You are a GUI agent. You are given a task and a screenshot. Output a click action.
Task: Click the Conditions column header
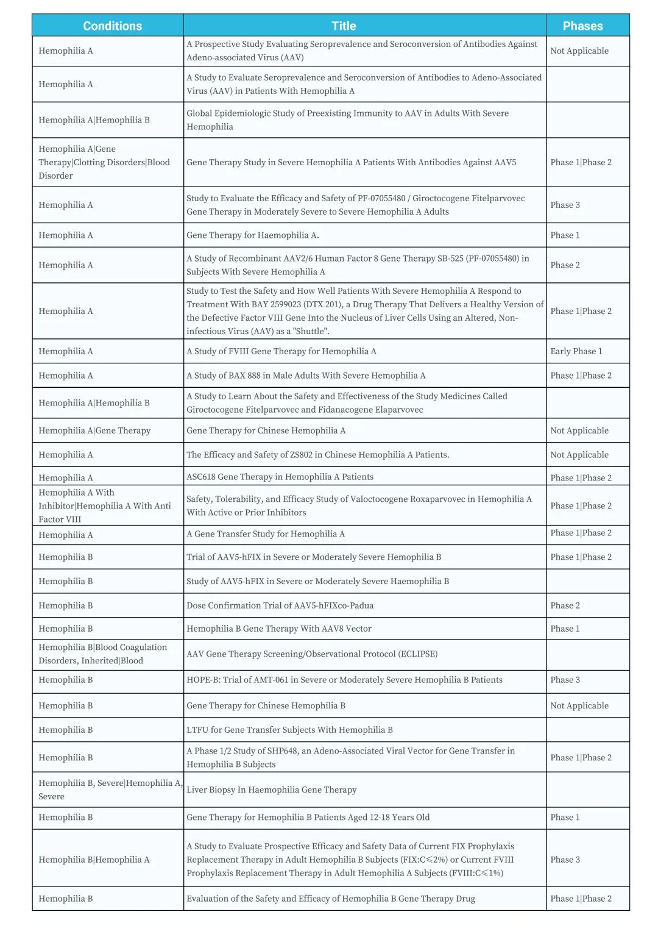coord(112,26)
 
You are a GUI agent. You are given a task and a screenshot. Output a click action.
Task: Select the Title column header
coord(344,26)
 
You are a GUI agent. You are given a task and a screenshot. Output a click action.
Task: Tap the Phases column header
coord(582,26)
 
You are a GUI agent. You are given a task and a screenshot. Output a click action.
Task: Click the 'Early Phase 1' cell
coord(576,351)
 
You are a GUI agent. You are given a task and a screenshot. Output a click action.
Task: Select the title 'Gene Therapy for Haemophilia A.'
coord(253,235)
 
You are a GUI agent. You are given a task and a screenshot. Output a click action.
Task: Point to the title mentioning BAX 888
coord(306,376)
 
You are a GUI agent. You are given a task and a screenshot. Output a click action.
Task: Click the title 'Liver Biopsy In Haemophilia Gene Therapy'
coord(272,790)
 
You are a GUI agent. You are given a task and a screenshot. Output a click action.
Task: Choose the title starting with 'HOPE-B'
coord(344,680)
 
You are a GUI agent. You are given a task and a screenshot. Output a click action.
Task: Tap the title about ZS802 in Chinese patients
coord(317,455)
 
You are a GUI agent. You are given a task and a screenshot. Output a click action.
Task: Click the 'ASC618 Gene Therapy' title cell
coord(280,477)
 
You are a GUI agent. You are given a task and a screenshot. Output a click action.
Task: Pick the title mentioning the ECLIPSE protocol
coord(312,654)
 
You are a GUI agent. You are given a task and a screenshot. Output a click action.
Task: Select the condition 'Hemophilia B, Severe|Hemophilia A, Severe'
coord(110,790)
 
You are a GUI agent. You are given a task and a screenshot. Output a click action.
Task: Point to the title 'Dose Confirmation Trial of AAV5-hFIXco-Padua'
coord(280,605)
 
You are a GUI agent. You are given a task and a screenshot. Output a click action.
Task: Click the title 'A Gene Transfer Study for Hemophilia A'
coord(266,534)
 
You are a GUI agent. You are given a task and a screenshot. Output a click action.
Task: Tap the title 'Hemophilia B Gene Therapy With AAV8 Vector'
coord(278,629)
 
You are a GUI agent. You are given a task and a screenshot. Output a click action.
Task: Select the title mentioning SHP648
coord(350,757)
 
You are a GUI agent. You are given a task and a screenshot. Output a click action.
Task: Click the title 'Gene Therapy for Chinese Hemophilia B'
coord(266,705)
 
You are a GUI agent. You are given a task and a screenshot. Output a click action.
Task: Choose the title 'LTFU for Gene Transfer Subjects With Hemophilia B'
coord(289,730)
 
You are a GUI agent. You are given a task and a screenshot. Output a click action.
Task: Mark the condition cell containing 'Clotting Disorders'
coord(104,162)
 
